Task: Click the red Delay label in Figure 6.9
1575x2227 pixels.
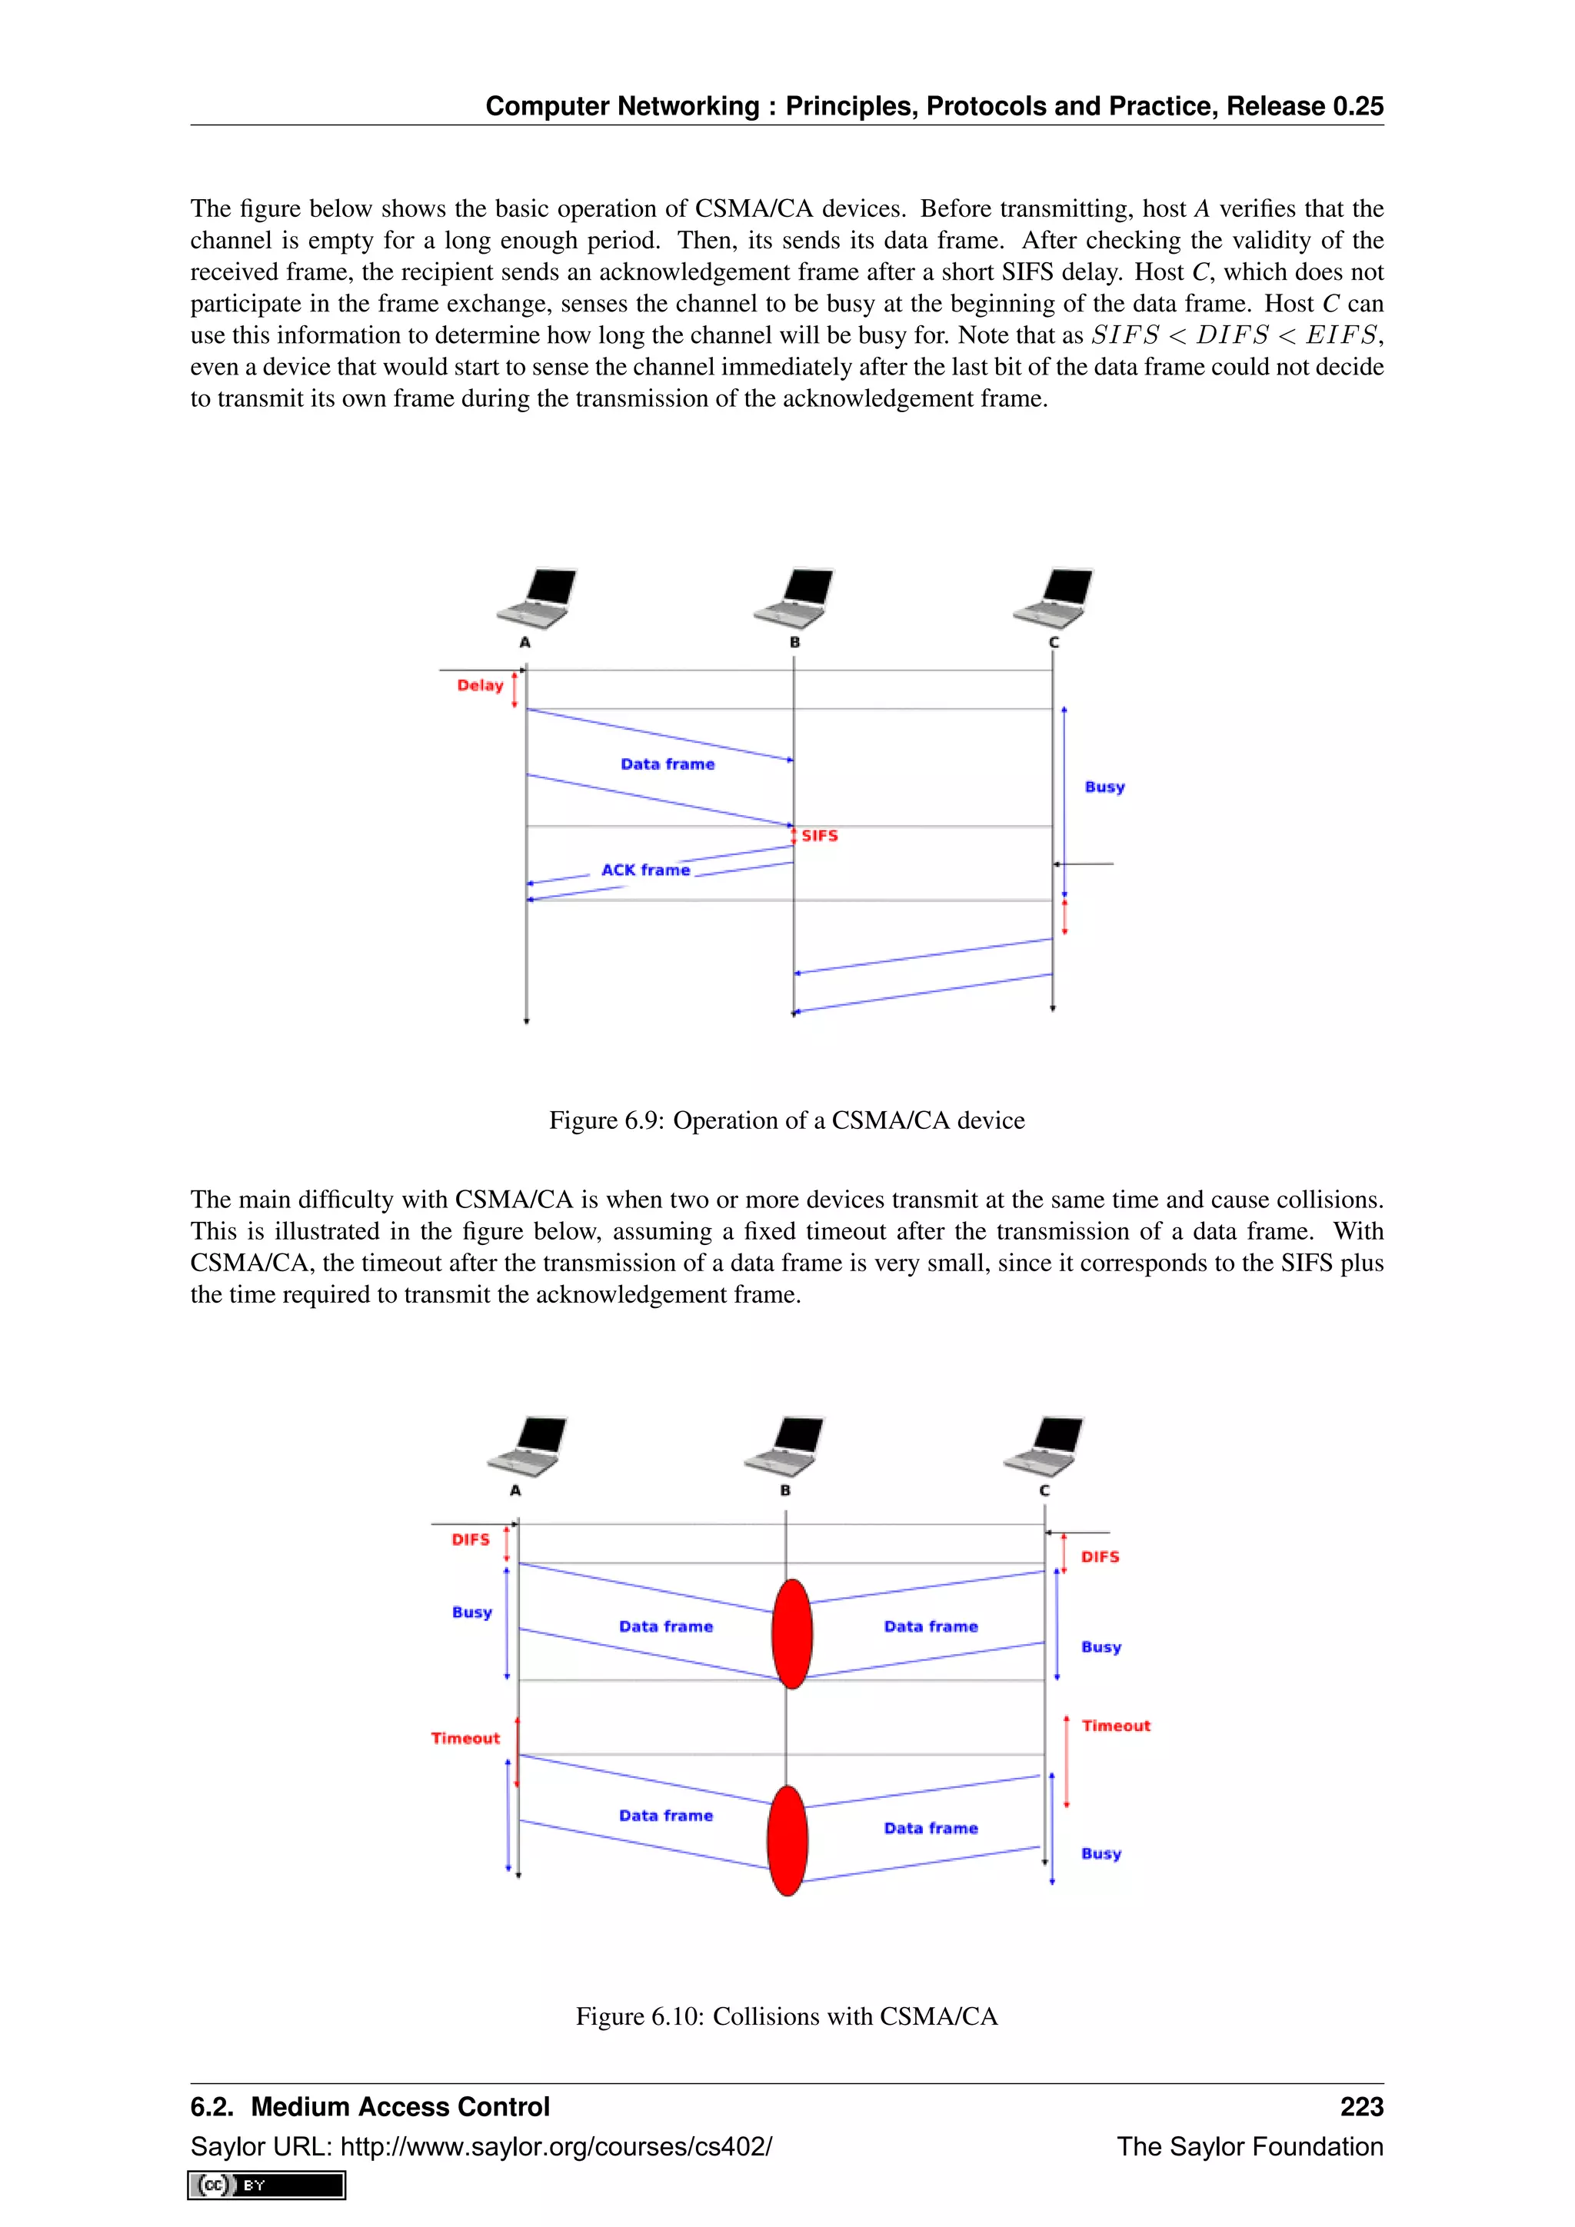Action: pos(480,686)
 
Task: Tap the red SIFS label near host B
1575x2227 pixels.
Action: pos(820,835)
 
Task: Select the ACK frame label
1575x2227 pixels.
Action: pos(645,870)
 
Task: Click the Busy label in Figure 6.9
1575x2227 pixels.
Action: pos(1104,787)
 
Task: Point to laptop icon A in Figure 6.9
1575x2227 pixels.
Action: pos(536,598)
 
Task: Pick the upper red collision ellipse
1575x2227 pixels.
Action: pos(791,1633)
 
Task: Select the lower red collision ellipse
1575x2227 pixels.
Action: pos(787,1840)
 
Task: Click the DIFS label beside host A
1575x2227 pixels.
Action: pos(471,1540)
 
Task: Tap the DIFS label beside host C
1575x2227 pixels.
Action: pos(1100,1556)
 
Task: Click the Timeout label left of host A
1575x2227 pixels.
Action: pos(465,1738)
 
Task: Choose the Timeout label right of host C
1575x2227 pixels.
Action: pos(1115,1726)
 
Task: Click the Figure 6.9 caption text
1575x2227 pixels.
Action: pos(787,1120)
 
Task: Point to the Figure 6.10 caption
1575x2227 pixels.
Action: pos(787,2016)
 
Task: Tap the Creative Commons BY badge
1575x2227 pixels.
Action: pos(267,2185)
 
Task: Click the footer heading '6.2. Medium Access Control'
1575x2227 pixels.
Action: pos(369,2107)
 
